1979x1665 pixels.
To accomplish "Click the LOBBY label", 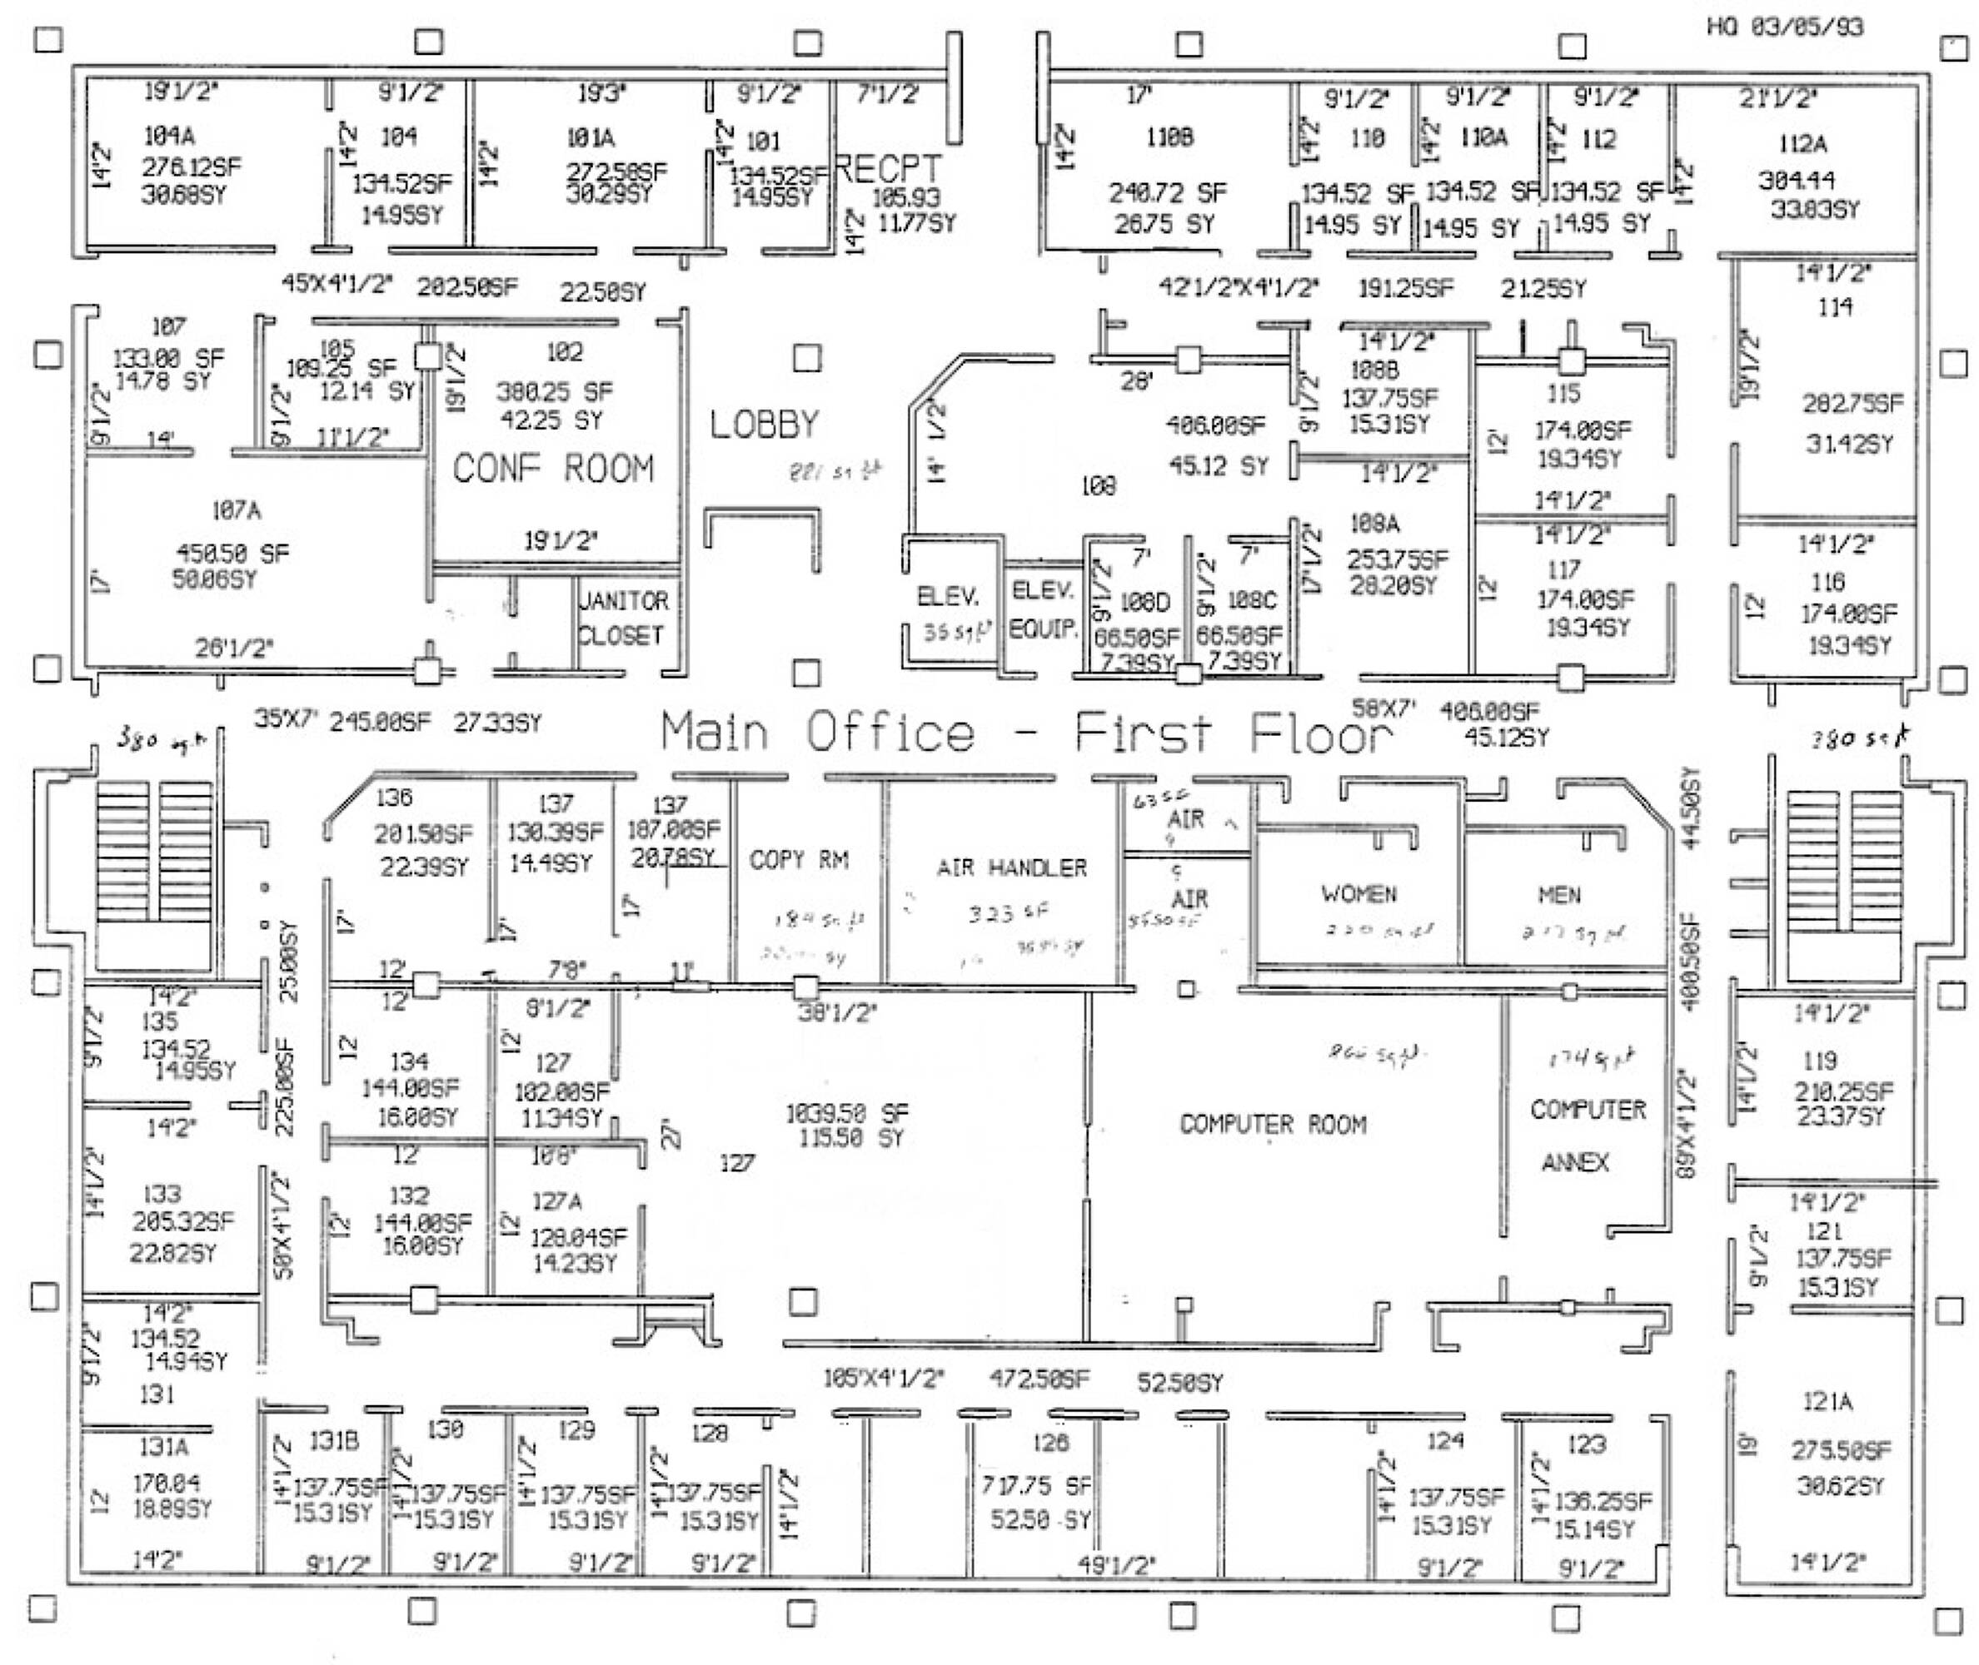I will (x=764, y=425).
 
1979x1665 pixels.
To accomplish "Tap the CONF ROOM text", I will (x=553, y=468).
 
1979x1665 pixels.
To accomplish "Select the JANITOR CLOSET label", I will (x=622, y=619).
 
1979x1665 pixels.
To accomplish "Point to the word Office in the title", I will (x=890, y=733).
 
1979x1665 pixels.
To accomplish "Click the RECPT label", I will (x=890, y=169).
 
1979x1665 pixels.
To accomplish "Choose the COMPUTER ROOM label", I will (x=1273, y=1124).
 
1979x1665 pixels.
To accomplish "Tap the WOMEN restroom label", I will (x=1358, y=894).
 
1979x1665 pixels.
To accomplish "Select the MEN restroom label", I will (x=1559, y=894).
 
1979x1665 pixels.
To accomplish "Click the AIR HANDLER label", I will (x=1011, y=867).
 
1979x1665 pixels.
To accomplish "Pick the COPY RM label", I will (x=799, y=860).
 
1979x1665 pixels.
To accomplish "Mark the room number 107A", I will (x=236, y=510).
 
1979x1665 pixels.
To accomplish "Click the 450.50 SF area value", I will (x=233, y=553).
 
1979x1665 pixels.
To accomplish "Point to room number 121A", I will (x=1827, y=1402).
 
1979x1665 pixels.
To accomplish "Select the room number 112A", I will (x=1802, y=143).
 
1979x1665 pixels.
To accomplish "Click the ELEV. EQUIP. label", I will (x=1042, y=609).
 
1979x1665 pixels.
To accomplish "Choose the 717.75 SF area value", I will (x=1036, y=1487).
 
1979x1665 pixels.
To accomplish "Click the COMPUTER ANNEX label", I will (x=1588, y=1136).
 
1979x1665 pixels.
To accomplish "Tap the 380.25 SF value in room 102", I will (x=554, y=390).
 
